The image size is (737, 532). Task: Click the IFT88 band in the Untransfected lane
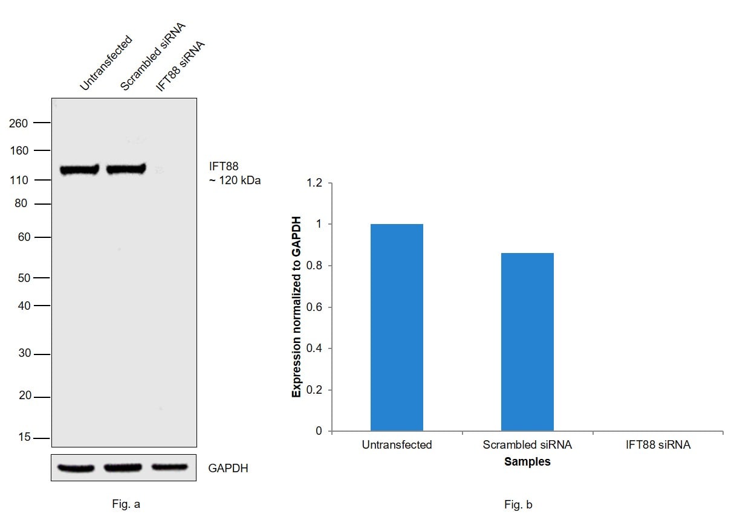[x=79, y=170]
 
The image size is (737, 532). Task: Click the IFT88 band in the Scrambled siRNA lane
[x=126, y=169]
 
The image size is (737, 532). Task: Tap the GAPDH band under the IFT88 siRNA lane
[x=169, y=467]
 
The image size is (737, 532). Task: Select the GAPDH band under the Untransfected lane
[x=77, y=468]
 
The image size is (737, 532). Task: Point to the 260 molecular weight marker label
[x=19, y=123]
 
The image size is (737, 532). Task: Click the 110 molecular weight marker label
[x=19, y=180]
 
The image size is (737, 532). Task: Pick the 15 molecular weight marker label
[x=23, y=437]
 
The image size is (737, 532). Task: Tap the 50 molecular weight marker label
[x=23, y=278]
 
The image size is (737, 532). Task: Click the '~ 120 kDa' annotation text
[x=235, y=180]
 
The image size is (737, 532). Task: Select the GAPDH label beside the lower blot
[x=228, y=468]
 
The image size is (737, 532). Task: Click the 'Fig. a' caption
[x=126, y=504]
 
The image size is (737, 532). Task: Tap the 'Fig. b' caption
[x=518, y=504]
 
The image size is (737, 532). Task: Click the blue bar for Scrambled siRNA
[x=527, y=342]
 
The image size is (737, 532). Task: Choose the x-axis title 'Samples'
[x=527, y=462]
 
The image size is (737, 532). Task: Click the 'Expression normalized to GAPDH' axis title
[x=296, y=307]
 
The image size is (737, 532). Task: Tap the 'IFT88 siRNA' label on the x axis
[x=658, y=445]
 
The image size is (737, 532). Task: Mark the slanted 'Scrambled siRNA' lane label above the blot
[x=152, y=57]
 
